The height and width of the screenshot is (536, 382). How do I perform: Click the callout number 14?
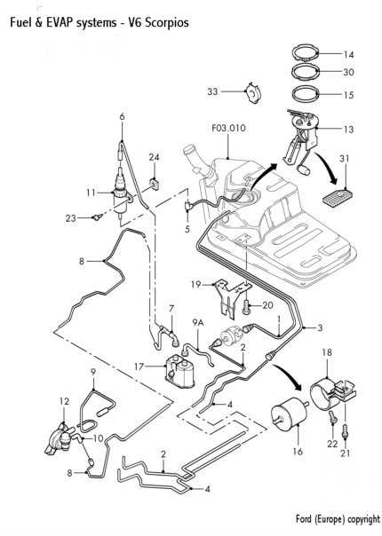pyautogui.click(x=348, y=54)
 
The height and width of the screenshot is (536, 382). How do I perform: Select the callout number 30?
pyautogui.click(x=348, y=72)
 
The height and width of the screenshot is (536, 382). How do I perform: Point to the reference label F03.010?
pyautogui.click(x=228, y=128)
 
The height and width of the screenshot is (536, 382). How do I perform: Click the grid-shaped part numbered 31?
pyautogui.click(x=338, y=197)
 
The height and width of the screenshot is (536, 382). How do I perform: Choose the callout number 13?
pyautogui.click(x=348, y=130)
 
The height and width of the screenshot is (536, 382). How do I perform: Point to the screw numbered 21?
pyautogui.click(x=345, y=431)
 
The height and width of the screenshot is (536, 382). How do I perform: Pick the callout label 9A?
pyautogui.click(x=197, y=322)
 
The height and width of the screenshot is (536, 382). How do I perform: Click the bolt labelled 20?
pyautogui.click(x=246, y=307)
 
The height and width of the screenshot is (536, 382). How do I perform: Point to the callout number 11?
pyautogui.click(x=91, y=193)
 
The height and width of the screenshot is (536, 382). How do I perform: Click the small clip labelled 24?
pyautogui.click(x=155, y=184)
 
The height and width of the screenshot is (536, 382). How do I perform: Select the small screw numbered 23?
pyautogui.click(x=97, y=217)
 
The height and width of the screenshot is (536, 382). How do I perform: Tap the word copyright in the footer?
pyautogui.click(x=363, y=519)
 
